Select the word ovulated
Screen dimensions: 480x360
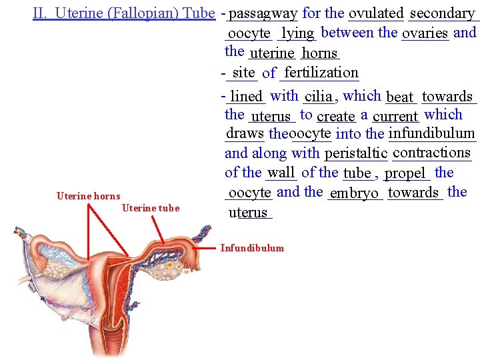coord(376,13)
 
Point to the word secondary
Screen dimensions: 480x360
coord(442,13)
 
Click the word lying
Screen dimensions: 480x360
coord(297,33)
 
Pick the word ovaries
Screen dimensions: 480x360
coord(425,33)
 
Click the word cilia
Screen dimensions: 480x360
coord(318,97)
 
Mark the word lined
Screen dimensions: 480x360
coord(246,97)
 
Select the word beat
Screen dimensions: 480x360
coord(400,97)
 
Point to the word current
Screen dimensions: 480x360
coord(395,117)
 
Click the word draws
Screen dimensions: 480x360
coord(245,133)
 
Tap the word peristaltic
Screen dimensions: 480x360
coord(356,154)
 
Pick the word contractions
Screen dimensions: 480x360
coord(432,153)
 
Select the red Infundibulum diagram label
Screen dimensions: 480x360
coord(252,248)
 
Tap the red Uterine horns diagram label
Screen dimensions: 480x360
coord(89,196)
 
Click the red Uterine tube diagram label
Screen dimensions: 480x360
coord(151,208)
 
